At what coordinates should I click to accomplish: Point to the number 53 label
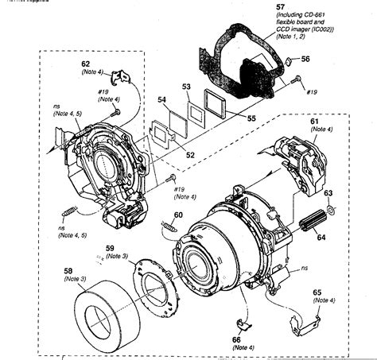(185, 86)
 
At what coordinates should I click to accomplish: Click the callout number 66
(237, 339)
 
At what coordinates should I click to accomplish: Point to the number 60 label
(179, 215)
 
